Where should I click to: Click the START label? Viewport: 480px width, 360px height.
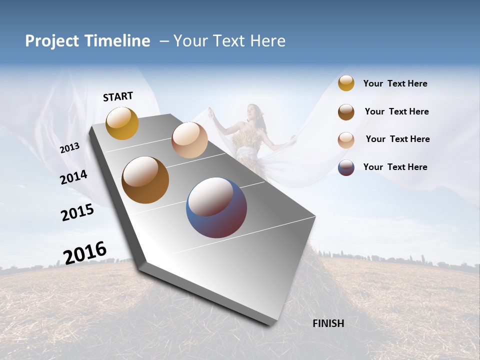coord(118,96)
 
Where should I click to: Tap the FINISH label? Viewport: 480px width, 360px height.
coord(328,323)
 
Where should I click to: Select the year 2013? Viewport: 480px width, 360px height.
coord(69,148)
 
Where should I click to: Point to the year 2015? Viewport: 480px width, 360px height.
coord(77,212)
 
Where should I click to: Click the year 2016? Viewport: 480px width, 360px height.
coord(85,253)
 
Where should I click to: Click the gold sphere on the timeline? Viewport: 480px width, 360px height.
coord(122,123)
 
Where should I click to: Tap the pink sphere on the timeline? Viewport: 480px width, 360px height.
coord(189,140)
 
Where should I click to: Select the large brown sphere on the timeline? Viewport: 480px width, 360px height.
coord(145,180)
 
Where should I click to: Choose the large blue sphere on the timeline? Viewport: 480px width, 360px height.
coord(216,207)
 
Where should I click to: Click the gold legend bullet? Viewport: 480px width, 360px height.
coord(346,83)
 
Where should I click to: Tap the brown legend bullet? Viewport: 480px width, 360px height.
coord(346,112)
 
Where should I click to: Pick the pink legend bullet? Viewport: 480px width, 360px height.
coord(346,140)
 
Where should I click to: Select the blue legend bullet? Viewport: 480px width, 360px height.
coord(346,167)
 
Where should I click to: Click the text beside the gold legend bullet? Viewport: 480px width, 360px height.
coord(395,83)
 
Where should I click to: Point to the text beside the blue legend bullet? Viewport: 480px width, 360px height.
coord(395,167)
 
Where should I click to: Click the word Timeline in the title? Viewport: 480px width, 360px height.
coord(117,41)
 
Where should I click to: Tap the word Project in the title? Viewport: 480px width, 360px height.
coord(52,41)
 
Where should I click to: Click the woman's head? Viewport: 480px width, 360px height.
coord(253,111)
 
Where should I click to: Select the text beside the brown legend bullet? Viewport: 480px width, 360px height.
coord(396,111)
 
